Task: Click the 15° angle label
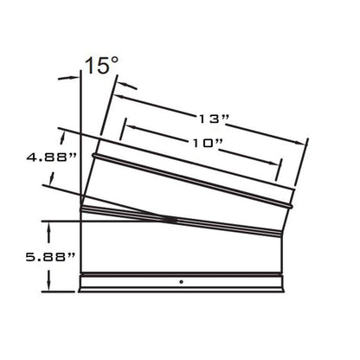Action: [102, 66]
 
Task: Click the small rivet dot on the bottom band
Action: [180, 282]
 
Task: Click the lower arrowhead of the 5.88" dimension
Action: [53, 288]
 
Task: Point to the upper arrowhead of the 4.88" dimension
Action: [61, 132]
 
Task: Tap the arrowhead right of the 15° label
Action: [113, 84]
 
